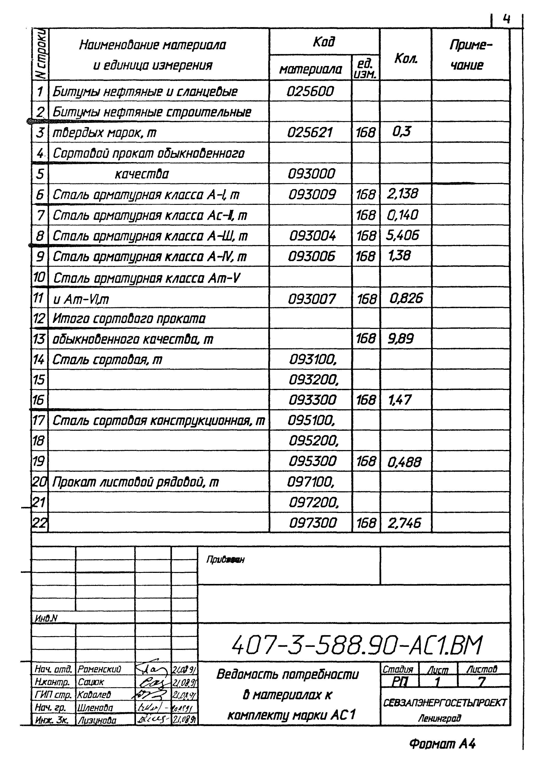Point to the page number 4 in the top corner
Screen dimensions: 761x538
pyautogui.click(x=506, y=20)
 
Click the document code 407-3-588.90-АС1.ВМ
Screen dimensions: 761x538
pyautogui.click(x=357, y=645)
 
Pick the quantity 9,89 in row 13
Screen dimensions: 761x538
pyautogui.click(x=401, y=339)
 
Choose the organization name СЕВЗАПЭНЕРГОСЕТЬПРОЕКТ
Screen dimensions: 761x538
pyautogui.click(x=445, y=702)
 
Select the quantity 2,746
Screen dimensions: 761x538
pyautogui.click(x=404, y=523)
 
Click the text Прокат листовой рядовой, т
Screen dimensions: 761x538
pyautogui.click(x=136, y=482)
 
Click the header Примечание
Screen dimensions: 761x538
pyautogui.click(x=470, y=55)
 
